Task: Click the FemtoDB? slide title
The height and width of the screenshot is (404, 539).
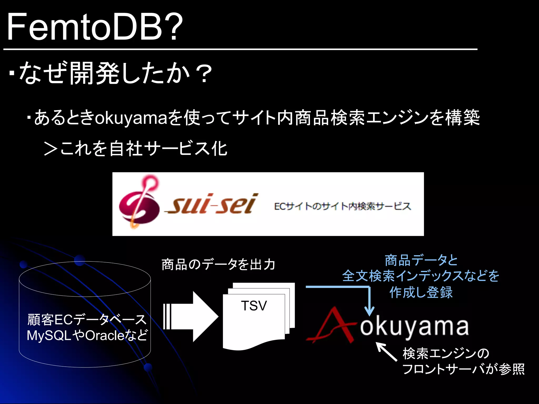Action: click(95, 28)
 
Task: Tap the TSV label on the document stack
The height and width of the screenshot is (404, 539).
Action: click(254, 306)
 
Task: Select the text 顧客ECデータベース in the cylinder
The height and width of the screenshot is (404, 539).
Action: click(87, 320)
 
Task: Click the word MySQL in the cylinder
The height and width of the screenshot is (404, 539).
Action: click(49, 336)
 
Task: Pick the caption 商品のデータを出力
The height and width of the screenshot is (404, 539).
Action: click(218, 264)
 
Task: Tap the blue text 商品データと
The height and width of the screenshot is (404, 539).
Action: click(421, 260)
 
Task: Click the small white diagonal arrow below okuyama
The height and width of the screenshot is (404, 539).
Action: click(386, 352)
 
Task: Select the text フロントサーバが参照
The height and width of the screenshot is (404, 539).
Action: click(463, 369)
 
